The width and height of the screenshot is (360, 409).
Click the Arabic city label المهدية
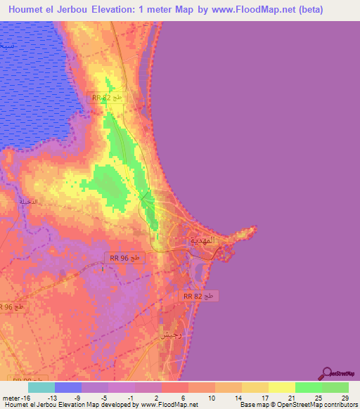pos(206,240)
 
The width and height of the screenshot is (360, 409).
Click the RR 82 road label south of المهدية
pos(198,297)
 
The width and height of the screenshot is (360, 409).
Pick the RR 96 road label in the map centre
pos(126,258)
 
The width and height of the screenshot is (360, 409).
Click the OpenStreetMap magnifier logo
pos(327,372)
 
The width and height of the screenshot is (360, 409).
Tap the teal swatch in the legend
pos(41,387)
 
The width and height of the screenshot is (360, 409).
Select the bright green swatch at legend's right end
pos(335,387)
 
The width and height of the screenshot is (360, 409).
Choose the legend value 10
pos(201,397)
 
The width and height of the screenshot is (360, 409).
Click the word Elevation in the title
pos(105,9)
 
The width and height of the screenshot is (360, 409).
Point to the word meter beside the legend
pos(10,397)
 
